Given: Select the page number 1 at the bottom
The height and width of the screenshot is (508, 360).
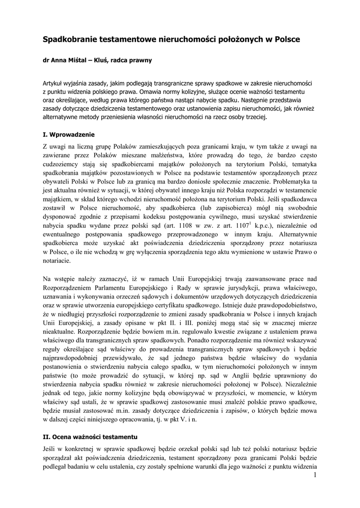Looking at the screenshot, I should (315, 476).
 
